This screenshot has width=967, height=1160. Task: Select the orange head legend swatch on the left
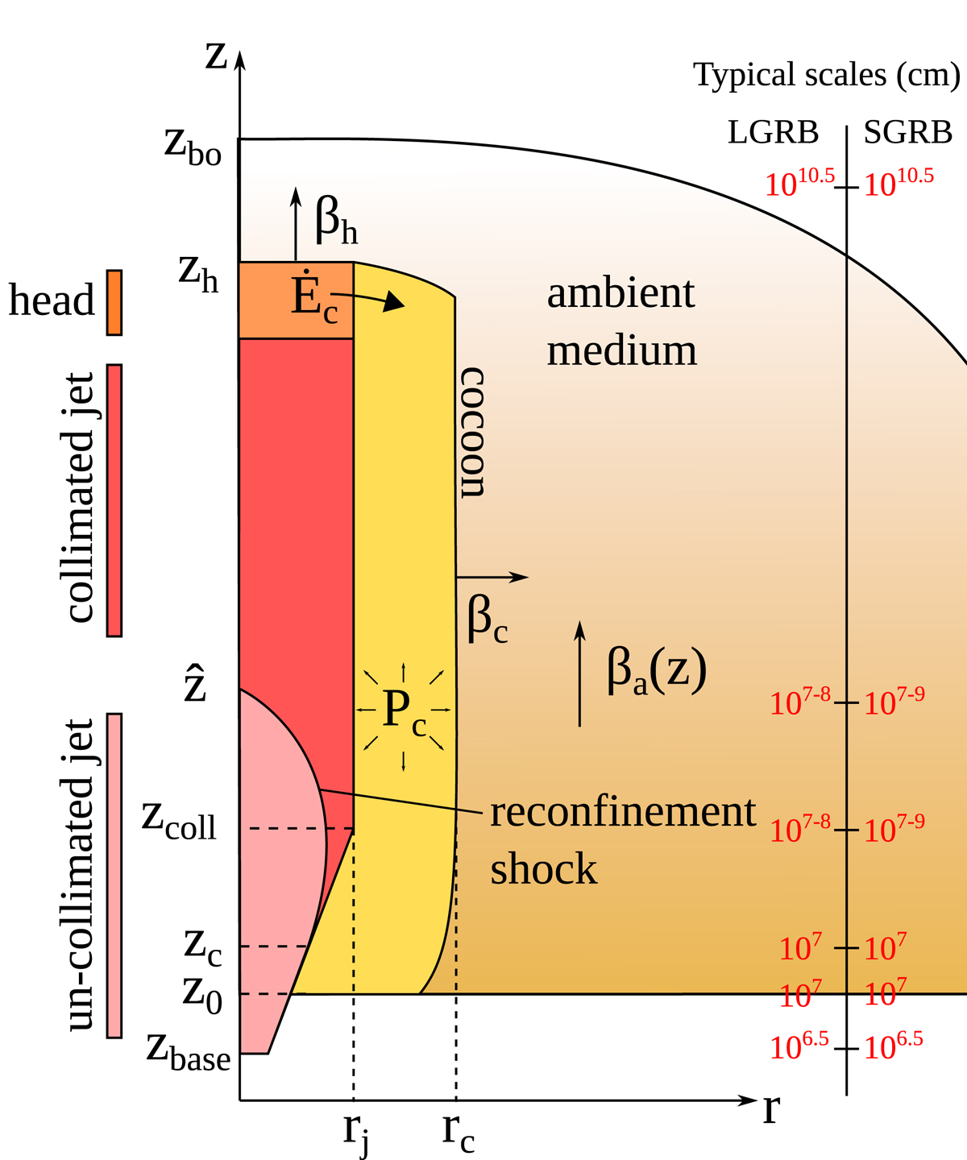(114, 302)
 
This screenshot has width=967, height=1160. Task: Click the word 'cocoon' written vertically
(472, 433)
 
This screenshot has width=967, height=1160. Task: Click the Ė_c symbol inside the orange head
(314, 298)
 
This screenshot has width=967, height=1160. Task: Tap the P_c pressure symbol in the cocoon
(404, 711)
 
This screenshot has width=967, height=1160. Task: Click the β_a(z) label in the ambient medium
(656, 671)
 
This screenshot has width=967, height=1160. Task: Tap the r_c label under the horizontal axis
(458, 1133)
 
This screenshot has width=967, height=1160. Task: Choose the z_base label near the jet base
(189, 1051)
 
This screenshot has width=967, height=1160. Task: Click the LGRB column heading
(773, 132)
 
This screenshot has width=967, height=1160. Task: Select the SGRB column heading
(908, 132)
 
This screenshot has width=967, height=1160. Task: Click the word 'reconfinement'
(623, 812)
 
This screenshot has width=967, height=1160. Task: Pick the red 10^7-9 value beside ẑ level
(894, 702)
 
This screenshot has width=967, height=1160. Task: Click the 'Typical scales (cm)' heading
(827, 75)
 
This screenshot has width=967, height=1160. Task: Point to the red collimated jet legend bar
(114, 499)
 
